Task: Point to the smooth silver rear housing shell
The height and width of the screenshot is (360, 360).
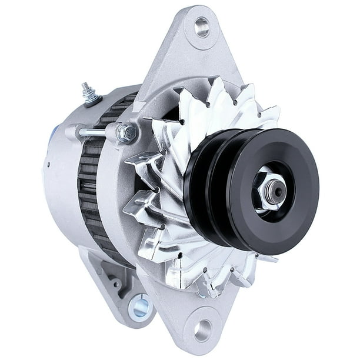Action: (x=59, y=194)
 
